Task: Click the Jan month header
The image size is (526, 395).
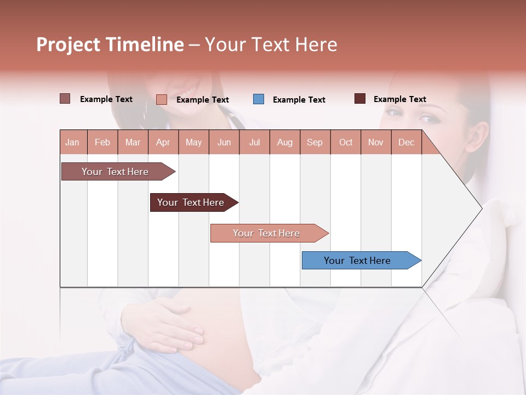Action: pyautogui.click(x=72, y=142)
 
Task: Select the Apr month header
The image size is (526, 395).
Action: pyautogui.click(x=163, y=142)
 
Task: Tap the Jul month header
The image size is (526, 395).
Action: pyautogui.click(x=254, y=142)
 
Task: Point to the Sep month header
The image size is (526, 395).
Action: pyautogui.click(x=315, y=142)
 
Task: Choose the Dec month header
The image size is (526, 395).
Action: pyautogui.click(x=406, y=142)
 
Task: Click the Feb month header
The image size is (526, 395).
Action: pyautogui.click(x=102, y=142)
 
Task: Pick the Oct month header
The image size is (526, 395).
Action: pyautogui.click(x=346, y=142)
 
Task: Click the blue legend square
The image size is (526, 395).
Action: pyautogui.click(x=259, y=99)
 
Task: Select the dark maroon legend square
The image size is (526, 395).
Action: pyautogui.click(x=360, y=99)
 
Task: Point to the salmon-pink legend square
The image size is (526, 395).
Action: pyautogui.click(x=162, y=99)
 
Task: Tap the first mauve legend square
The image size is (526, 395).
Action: pyautogui.click(x=65, y=99)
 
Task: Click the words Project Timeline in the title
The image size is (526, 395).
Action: pyautogui.click(x=110, y=44)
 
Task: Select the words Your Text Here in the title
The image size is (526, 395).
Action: pyautogui.click(x=271, y=44)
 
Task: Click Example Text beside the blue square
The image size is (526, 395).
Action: pyautogui.click(x=299, y=100)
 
